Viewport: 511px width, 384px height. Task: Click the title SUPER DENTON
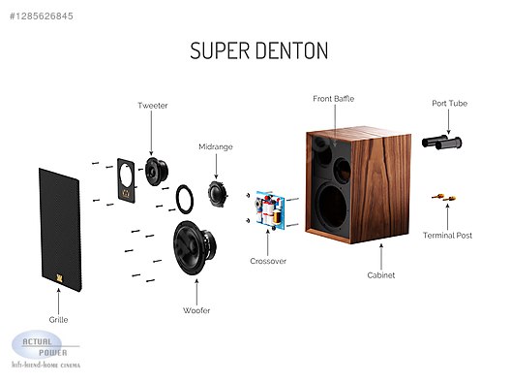pyautogui.click(x=258, y=49)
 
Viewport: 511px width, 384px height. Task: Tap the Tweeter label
pyautogui.click(x=153, y=105)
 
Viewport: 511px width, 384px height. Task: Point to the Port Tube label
pyautogui.click(x=450, y=104)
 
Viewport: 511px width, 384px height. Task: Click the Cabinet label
pyautogui.click(x=380, y=274)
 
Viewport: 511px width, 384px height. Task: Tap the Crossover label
pyautogui.click(x=268, y=261)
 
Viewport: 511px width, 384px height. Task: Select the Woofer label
pyautogui.click(x=196, y=309)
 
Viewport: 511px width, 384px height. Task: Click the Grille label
pyautogui.click(x=58, y=319)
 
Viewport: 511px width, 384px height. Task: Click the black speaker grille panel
pyautogui.click(x=61, y=230)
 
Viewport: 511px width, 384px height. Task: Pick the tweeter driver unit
pyautogui.click(x=154, y=171)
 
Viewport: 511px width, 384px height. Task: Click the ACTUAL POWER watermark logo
pyautogui.click(x=44, y=349)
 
